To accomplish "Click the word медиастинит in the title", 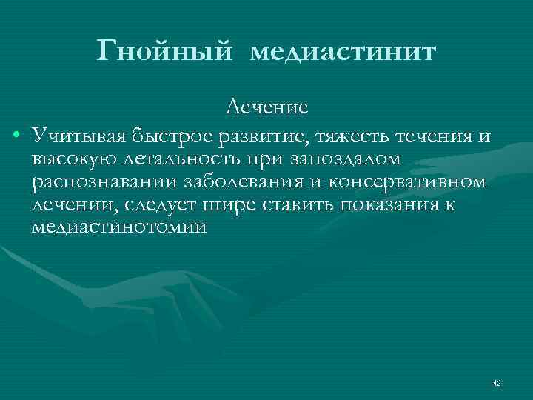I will click(x=343, y=53).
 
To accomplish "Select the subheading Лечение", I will click(x=266, y=108).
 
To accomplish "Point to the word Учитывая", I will click(x=79, y=136).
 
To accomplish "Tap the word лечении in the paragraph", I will click(x=72, y=205).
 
